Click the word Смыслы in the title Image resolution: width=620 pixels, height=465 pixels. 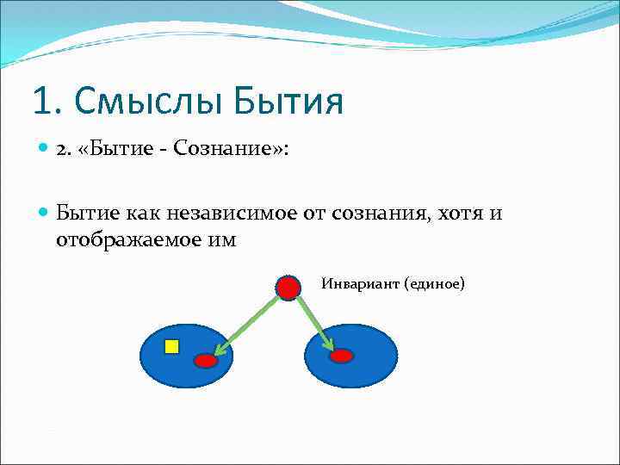pos(152,102)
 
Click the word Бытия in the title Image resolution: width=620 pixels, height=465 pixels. pos(288,102)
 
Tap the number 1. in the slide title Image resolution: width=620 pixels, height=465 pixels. pos(48,102)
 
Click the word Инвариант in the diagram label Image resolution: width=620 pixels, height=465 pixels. pos(360,282)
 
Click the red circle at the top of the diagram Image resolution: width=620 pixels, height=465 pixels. pos(288,288)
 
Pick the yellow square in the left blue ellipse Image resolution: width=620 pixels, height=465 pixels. pos(171,346)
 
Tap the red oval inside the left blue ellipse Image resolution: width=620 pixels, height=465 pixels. pos(206,361)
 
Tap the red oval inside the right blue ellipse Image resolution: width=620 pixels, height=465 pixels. pos(342,356)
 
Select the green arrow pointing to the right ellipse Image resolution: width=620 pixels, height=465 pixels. pos(314,322)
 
